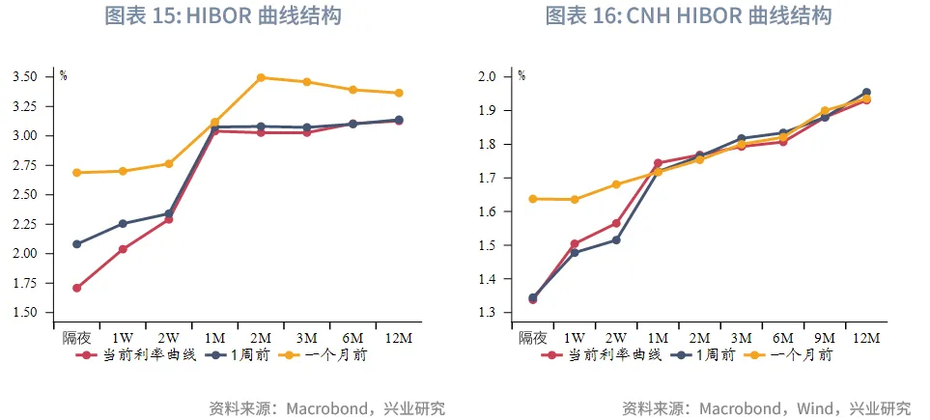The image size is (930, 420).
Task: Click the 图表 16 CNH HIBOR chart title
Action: (x=689, y=15)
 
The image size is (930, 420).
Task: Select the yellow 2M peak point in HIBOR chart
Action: (x=261, y=77)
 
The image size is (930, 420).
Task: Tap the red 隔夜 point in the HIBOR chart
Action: (x=76, y=288)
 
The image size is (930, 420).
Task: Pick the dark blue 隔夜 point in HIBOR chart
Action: (x=76, y=244)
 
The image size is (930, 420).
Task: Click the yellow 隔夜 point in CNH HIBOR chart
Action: (x=533, y=199)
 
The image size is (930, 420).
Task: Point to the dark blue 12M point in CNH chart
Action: (x=866, y=93)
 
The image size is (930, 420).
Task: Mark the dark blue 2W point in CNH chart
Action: (x=616, y=239)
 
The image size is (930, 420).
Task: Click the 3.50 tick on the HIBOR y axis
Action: (x=25, y=76)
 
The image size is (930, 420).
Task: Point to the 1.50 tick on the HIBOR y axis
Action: (x=25, y=313)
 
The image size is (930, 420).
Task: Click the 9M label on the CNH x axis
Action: (x=825, y=338)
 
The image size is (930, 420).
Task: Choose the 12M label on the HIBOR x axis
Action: (x=399, y=338)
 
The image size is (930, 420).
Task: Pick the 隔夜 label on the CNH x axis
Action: (x=533, y=338)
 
